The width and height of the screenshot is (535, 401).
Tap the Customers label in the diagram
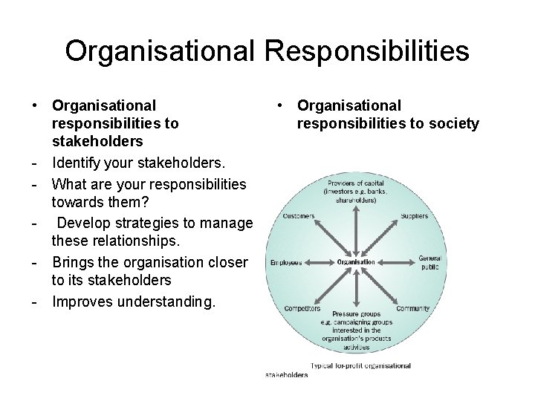click(x=299, y=216)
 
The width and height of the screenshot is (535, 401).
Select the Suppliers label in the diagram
click(x=415, y=216)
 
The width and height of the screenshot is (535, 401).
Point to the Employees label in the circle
click(x=286, y=262)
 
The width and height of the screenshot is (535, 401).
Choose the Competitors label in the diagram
click(x=302, y=308)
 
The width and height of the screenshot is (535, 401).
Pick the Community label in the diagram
click(x=414, y=308)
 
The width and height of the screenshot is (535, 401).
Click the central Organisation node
click(x=356, y=262)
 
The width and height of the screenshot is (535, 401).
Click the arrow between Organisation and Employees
click(x=320, y=262)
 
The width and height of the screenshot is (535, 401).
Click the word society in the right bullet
click(x=453, y=123)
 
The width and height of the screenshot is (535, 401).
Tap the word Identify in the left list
click(x=80, y=161)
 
